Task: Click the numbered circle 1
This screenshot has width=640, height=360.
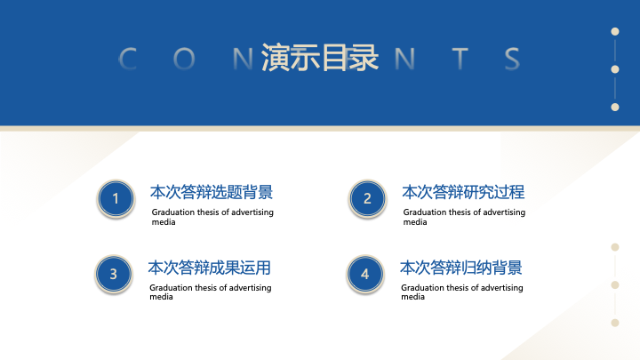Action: coord(116,199)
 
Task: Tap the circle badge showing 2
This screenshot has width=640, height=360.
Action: coord(367,199)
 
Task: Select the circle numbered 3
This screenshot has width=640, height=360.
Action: coord(114,275)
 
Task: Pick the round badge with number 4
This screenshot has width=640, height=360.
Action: coord(365,275)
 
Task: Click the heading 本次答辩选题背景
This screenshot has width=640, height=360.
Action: coord(212,192)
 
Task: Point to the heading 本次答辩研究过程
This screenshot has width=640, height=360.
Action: coord(463,192)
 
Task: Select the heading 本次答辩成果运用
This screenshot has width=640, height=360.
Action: coord(210,268)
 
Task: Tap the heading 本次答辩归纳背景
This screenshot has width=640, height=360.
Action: coord(461,268)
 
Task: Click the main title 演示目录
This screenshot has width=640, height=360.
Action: coord(320,58)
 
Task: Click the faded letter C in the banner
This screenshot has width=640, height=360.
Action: coord(128,59)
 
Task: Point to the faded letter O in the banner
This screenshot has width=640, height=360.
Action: coord(184,59)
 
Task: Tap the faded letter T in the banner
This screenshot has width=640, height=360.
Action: coord(460,59)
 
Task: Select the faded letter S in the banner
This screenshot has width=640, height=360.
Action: coord(512,59)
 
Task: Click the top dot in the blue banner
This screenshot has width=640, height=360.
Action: coord(615,31)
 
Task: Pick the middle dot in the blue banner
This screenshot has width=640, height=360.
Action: coord(615,69)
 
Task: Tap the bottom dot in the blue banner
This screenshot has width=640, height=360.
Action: coord(615,107)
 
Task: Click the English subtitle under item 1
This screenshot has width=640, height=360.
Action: coord(212,217)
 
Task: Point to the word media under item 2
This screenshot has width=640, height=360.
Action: coord(415,222)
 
